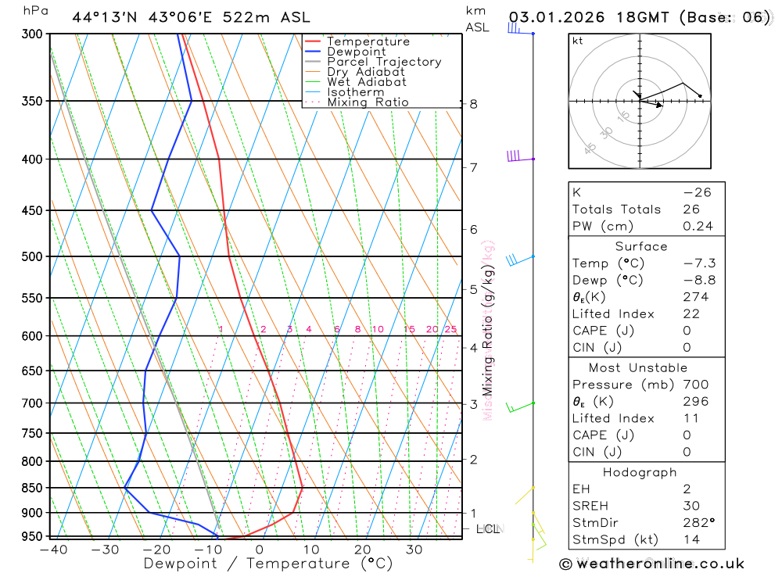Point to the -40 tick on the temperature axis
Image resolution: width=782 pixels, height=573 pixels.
pos(52,550)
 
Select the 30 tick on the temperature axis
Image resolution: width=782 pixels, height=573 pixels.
pos(414,550)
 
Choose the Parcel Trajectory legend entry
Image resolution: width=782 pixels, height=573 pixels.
pos(384,62)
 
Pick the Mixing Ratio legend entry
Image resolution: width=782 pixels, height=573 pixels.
pos(368,102)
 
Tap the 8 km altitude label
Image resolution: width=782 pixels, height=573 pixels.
pos(474,104)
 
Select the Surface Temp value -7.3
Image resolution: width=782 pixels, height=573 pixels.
pos(700,263)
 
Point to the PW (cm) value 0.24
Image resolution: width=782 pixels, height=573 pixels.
pos(698,227)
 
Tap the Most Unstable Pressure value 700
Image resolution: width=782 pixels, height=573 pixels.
pos(694,385)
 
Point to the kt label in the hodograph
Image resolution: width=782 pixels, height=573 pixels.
pos(578,41)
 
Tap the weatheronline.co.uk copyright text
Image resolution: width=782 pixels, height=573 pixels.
pos(651,564)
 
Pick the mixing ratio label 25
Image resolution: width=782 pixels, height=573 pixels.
pos(450,329)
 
